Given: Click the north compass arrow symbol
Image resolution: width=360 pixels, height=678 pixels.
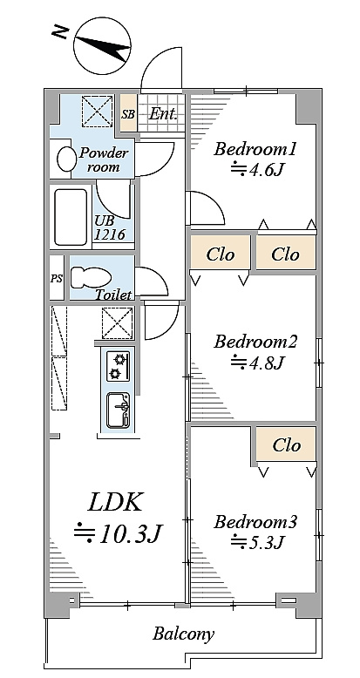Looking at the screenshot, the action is pyautogui.click(x=102, y=48).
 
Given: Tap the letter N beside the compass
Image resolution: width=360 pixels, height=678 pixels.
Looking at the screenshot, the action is pyautogui.click(x=60, y=31).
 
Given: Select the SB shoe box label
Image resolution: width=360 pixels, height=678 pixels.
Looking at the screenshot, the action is pyautogui.click(x=128, y=114).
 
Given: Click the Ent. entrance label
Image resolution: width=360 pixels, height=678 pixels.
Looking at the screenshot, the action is pyautogui.click(x=163, y=114).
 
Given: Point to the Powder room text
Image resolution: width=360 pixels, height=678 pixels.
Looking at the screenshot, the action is pyautogui.click(x=104, y=159).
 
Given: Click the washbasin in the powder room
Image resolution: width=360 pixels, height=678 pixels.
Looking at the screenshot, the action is pyautogui.click(x=65, y=159).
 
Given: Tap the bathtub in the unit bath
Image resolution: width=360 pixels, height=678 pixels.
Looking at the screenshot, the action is pyautogui.click(x=71, y=217).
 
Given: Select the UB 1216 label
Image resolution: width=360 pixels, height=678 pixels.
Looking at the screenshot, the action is pyautogui.click(x=110, y=227).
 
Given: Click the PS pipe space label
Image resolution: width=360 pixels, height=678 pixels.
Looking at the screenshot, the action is pyautogui.click(x=57, y=279).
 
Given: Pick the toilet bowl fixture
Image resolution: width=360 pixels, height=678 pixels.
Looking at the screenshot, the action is pyautogui.click(x=90, y=278).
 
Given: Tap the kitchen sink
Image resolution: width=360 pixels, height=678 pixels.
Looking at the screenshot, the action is pyautogui.click(x=119, y=410).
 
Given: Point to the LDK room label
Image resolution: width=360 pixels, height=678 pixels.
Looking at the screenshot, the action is pyautogui.click(x=115, y=503).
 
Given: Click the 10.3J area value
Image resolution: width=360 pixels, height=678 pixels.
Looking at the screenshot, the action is pyautogui.click(x=118, y=534).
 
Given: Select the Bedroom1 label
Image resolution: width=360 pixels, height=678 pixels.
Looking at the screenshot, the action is pyautogui.click(x=255, y=150).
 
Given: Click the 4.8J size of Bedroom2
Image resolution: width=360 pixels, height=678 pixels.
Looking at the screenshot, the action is pyautogui.click(x=257, y=362).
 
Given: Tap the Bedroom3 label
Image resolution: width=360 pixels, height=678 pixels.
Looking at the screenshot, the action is pyautogui.click(x=255, y=522).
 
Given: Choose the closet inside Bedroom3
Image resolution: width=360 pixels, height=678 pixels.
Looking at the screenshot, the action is pyautogui.click(x=286, y=444).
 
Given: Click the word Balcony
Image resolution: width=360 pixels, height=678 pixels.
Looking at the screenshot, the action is pyautogui.click(x=183, y=634).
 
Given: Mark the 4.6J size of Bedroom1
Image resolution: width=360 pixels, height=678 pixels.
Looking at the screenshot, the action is pyautogui.click(x=257, y=169).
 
